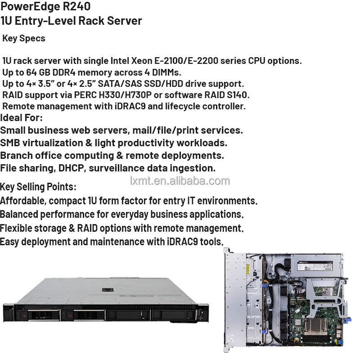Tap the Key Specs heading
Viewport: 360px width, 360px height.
(24, 38)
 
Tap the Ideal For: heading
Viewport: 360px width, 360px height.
(22, 118)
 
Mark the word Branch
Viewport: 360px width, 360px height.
(16, 156)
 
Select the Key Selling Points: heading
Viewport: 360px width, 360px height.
(38, 187)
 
